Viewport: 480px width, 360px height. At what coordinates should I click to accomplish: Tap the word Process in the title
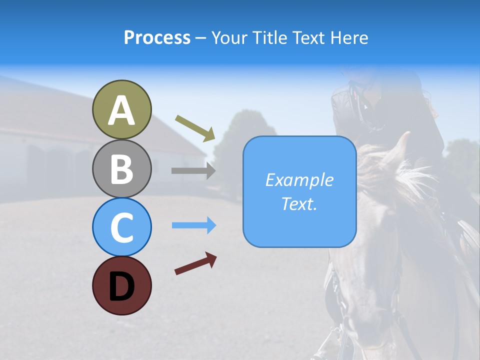[x=157, y=38]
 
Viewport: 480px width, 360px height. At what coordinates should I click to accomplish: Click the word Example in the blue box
[x=299, y=180]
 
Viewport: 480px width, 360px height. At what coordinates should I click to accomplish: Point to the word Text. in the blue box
[x=299, y=204]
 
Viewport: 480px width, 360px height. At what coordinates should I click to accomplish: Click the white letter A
[x=121, y=111]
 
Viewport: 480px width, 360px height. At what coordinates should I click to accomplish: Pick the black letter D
[x=121, y=286]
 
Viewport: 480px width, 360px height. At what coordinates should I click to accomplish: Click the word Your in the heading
[x=229, y=38]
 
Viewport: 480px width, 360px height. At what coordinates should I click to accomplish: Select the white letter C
[x=121, y=228]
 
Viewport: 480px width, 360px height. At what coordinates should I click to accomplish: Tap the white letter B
[x=121, y=169]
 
